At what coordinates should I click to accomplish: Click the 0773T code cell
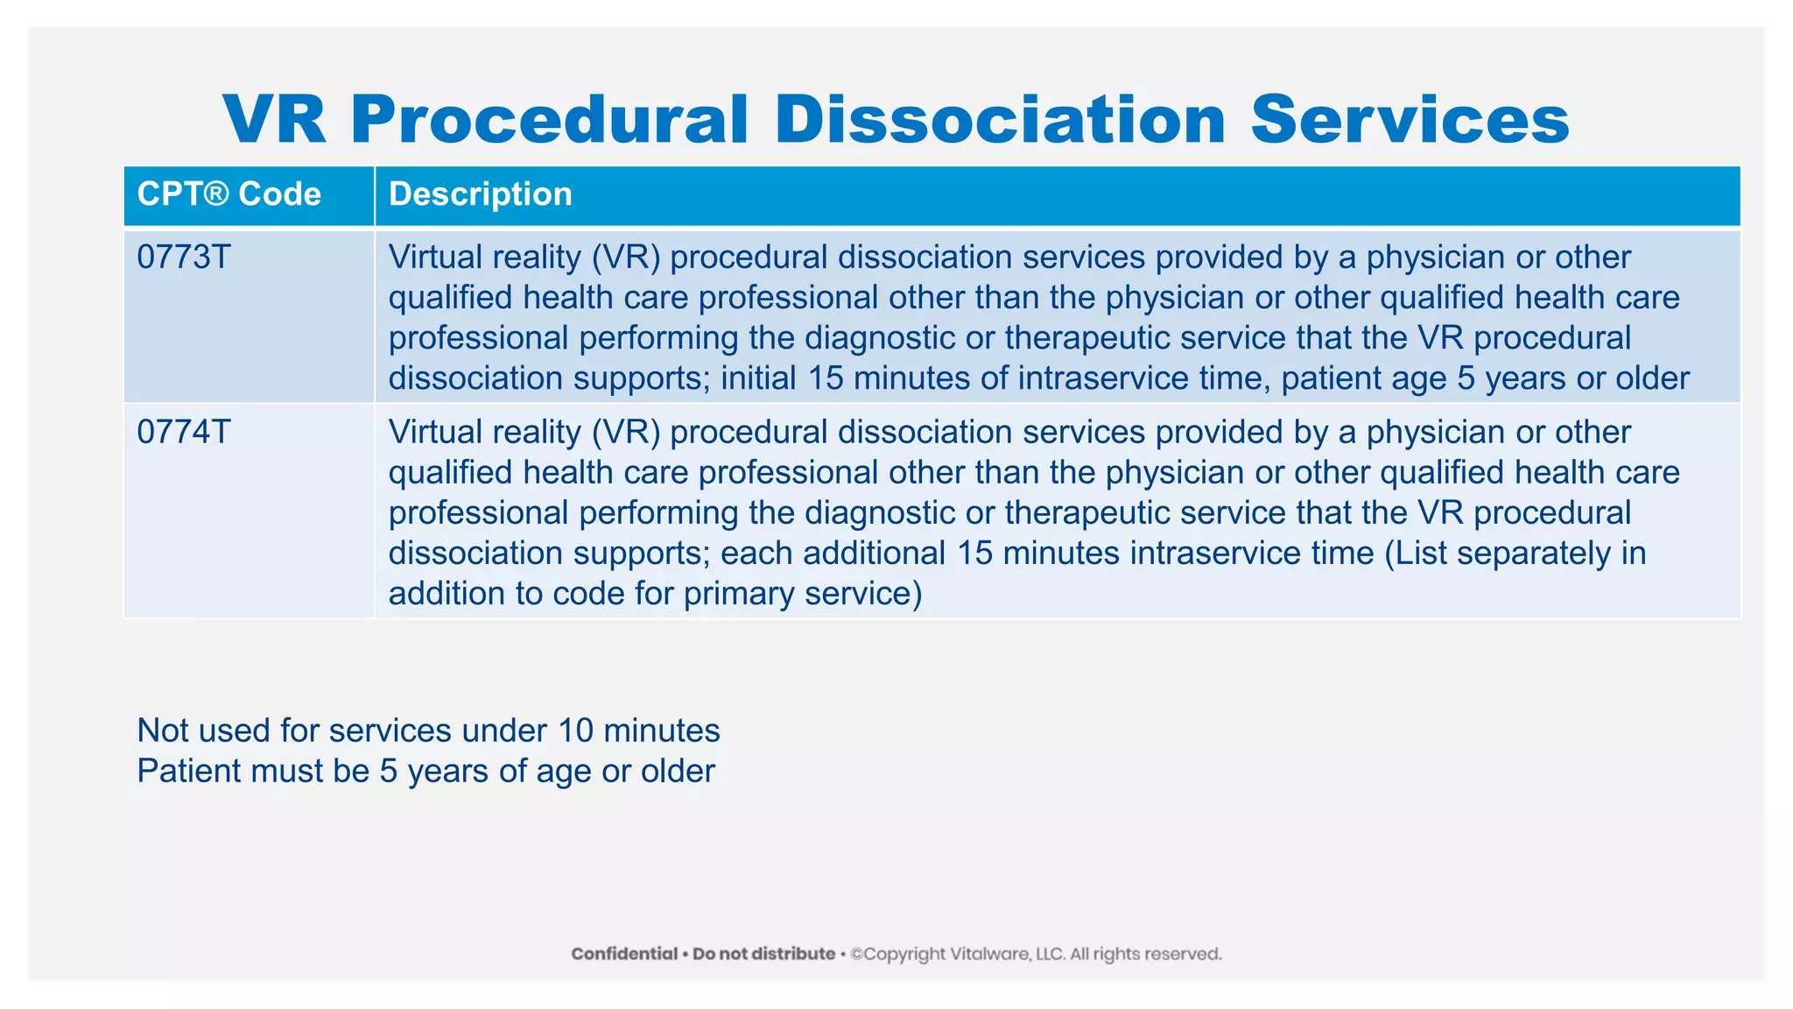(x=184, y=258)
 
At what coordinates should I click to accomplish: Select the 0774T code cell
(x=184, y=433)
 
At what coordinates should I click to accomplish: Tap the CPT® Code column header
(x=229, y=194)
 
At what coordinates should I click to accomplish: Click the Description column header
(x=480, y=194)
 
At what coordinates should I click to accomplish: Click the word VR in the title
(x=275, y=120)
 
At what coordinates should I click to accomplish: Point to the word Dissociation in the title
(x=1000, y=120)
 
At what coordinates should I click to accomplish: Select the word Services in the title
(x=1410, y=120)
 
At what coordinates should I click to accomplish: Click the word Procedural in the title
(x=550, y=120)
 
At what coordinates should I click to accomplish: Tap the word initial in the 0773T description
(x=758, y=378)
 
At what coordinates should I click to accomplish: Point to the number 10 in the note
(x=575, y=730)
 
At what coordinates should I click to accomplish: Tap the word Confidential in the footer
(x=624, y=954)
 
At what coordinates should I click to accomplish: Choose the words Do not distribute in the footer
(x=763, y=954)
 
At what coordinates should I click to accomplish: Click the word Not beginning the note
(x=159, y=730)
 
